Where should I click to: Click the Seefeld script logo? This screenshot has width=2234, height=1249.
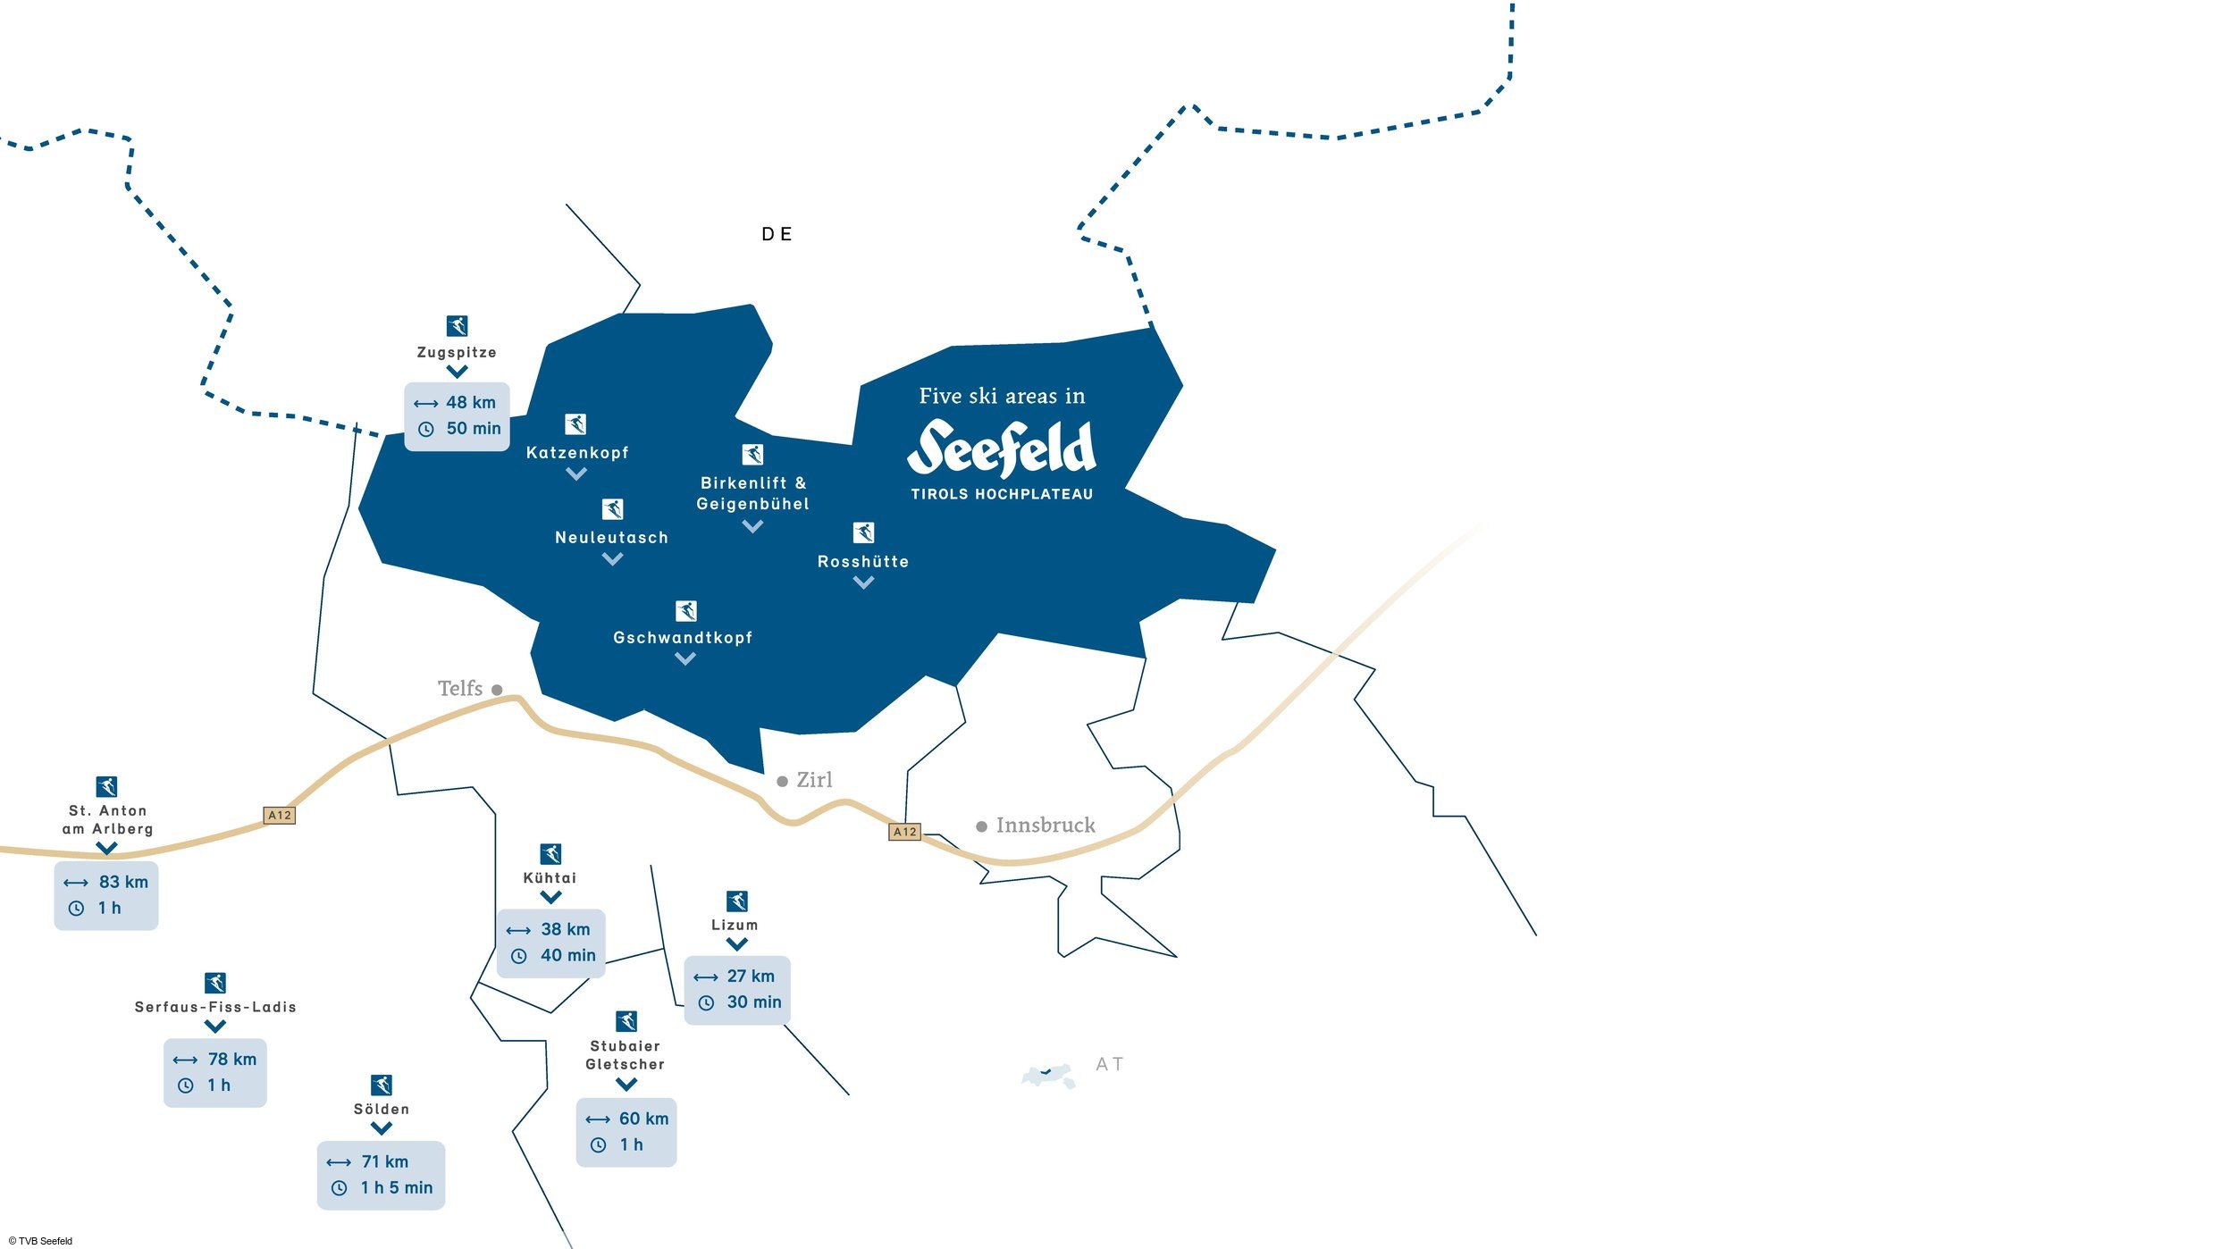(x=1002, y=448)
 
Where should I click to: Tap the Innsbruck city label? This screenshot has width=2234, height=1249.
(x=1046, y=825)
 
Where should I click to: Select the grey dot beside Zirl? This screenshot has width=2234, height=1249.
(x=782, y=781)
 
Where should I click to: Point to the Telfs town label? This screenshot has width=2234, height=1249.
(x=460, y=688)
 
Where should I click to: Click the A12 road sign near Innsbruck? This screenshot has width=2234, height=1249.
(x=905, y=832)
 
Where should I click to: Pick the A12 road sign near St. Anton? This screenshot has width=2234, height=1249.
(x=280, y=815)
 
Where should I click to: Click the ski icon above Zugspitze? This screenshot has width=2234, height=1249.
(x=457, y=325)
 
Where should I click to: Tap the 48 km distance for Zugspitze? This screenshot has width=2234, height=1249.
(x=471, y=403)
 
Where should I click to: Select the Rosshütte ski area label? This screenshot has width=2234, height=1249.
(x=863, y=562)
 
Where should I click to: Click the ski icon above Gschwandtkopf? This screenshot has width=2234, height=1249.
(x=685, y=610)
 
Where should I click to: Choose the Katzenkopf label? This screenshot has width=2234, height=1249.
(x=577, y=453)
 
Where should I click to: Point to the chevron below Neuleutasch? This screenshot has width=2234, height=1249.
(x=612, y=559)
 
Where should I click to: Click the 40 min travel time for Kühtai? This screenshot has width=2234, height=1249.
(x=568, y=955)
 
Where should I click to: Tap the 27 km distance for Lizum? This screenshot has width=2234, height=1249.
(x=751, y=977)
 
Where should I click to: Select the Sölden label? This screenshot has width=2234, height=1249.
(x=382, y=1109)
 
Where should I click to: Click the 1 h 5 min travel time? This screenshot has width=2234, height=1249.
(x=397, y=1187)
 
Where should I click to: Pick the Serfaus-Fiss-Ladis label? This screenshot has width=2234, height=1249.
(x=215, y=1007)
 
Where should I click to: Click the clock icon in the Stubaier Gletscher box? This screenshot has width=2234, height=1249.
(x=599, y=1145)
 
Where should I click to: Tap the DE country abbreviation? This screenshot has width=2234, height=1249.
(x=777, y=234)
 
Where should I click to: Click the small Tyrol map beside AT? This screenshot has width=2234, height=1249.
(x=1048, y=1076)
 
